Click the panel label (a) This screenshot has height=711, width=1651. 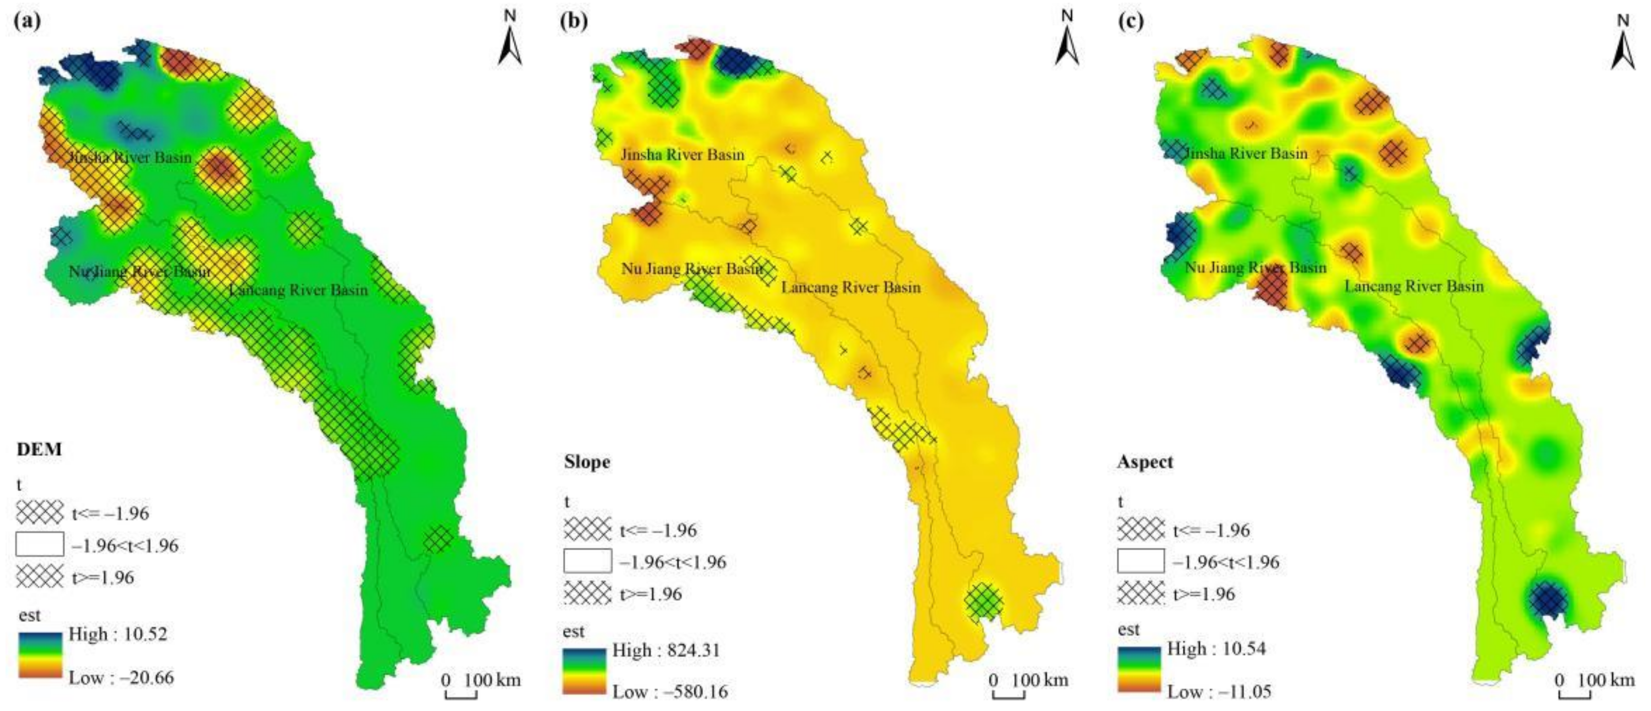[x=27, y=21]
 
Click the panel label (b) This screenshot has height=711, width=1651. [x=574, y=21]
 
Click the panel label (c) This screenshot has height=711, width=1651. [x=1131, y=21]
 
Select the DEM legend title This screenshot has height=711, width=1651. [x=40, y=450]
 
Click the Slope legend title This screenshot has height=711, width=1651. [x=587, y=462]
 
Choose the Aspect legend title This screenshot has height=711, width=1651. [x=1145, y=462]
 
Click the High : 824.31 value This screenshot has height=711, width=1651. [x=666, y=650]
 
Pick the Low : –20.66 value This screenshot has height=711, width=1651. [x=121, y=677]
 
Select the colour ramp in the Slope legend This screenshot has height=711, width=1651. [x=584, y=671]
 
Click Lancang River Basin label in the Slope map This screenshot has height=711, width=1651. [x=851, y=287]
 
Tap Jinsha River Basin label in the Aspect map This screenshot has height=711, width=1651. [x=1244, y=154]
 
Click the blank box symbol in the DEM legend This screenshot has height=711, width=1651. [x=40, y=545]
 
